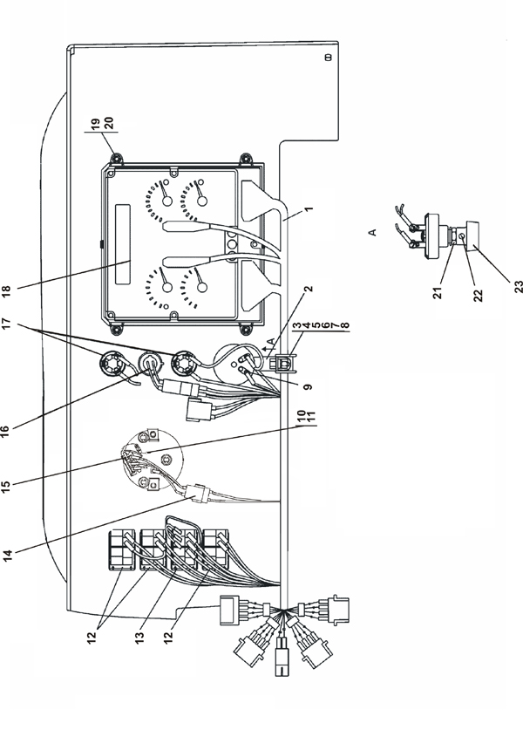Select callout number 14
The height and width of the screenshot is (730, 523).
click(x=7, y=556)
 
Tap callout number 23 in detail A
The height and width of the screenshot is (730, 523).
click(x=519, y=286)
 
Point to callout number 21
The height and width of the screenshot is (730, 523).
click(x=438, y=292)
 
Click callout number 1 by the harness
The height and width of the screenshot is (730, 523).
click(x=309, y=209)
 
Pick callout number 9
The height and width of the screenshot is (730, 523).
click(x=309, y=386)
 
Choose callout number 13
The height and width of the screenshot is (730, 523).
click(x=139, y=637)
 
